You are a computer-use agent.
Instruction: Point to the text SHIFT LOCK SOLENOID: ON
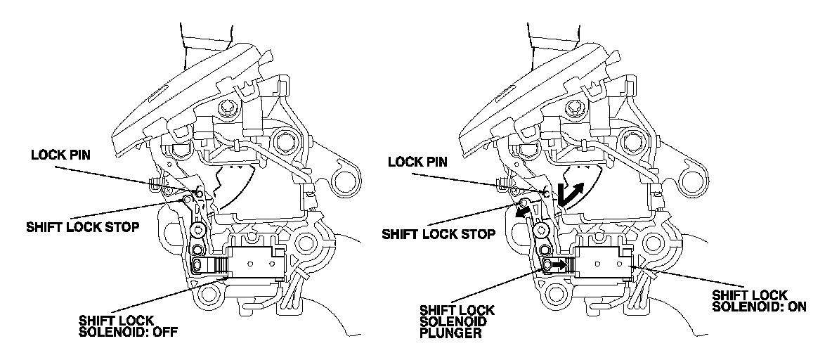pos(759,301)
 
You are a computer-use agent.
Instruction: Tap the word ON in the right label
pos(797,307)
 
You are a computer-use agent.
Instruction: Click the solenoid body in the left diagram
pos(254,264)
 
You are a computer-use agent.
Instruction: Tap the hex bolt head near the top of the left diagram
pos(228,109)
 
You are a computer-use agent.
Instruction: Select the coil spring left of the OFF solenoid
pos(220,265)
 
